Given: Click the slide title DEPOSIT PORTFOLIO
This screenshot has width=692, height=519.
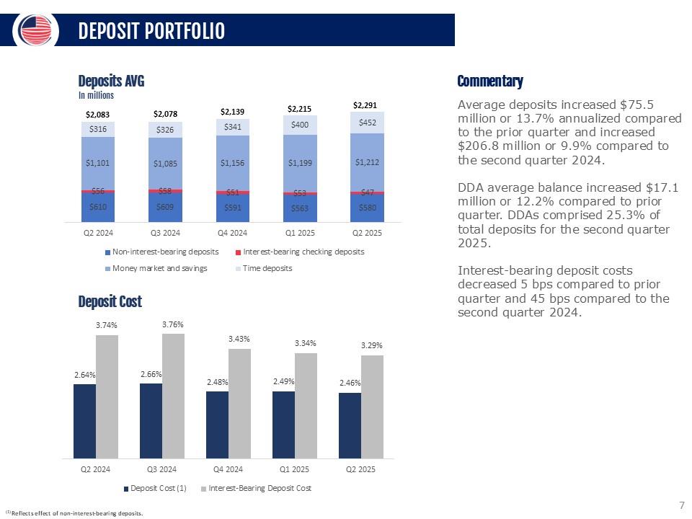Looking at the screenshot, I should point(151,31).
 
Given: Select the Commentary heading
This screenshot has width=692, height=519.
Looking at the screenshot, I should point(490,81).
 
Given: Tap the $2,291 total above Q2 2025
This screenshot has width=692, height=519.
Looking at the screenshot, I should point(364,105).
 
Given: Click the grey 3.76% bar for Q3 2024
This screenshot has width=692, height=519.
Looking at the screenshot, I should point(173,396).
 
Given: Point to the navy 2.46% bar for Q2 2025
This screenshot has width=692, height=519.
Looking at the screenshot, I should point(350,425).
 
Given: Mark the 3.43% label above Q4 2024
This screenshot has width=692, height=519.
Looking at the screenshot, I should point(239,339).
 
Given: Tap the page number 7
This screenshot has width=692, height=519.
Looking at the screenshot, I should point(681,505).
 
